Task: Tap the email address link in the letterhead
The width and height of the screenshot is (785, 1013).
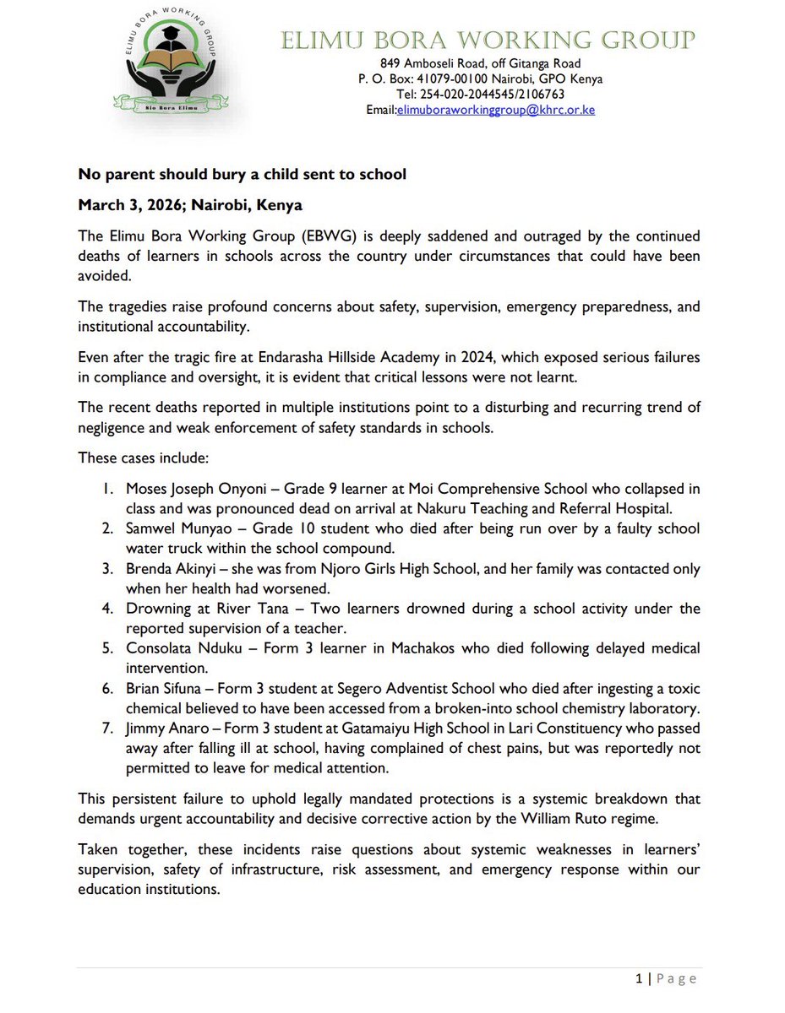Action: pyautogui.click(x=496, y=110)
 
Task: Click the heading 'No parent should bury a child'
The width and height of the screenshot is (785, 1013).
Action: pyautogui.click(x=243, y=175)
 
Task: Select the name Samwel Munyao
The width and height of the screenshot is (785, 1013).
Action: pyautogui.click(x=168, y=529)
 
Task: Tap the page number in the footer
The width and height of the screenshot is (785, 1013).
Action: pyautogui.click(x=639, y=978)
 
